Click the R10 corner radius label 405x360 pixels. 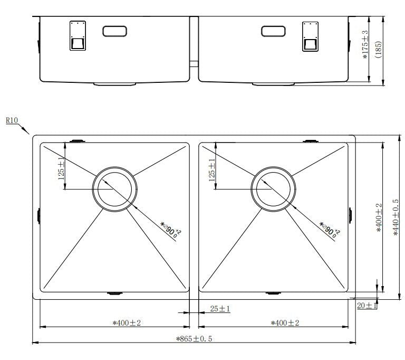[12, 120]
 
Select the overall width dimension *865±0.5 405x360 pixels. [194, 339]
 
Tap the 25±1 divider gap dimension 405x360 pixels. [220, 309]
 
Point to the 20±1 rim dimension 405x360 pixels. [367, 305]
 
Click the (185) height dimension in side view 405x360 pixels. [379, 50]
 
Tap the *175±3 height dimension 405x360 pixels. [365, 51]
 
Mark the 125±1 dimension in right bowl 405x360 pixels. [213, 170]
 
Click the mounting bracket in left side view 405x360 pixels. [78, 36]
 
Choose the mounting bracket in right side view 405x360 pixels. [310, 36]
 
